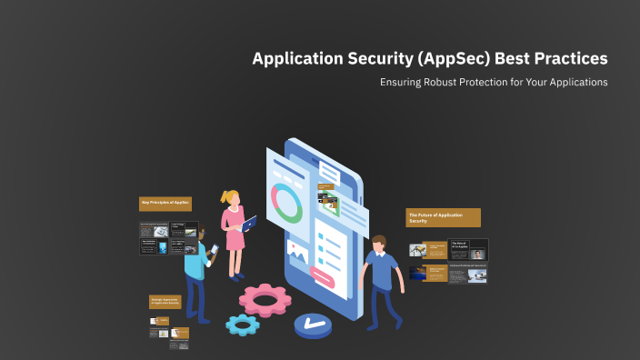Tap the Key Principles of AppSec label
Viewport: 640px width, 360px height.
click(165, 203)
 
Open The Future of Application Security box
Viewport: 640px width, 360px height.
click(443, 217)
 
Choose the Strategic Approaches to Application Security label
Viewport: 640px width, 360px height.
click(165, 301)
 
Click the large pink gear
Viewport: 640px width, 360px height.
click(265, 297)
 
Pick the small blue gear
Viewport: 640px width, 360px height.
click(243, 323)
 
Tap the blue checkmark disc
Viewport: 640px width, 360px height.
click(314, 325)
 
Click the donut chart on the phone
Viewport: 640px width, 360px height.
click(288, 205)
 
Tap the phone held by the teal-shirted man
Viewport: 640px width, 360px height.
click(215, 249)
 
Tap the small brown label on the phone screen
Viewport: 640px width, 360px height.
click(325, 187)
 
